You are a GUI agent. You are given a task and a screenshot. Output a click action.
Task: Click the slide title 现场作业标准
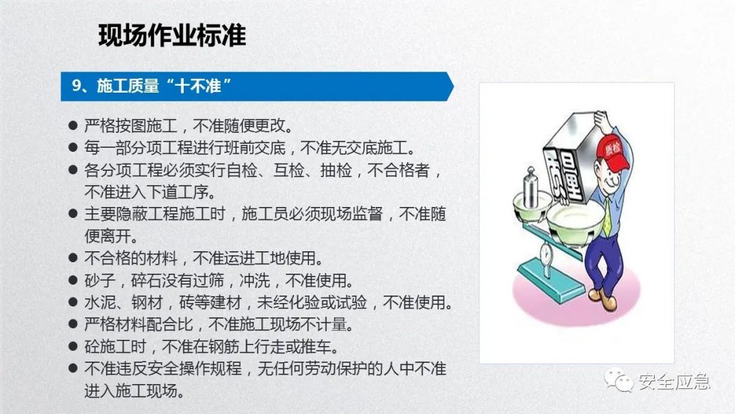(x=171, y=35)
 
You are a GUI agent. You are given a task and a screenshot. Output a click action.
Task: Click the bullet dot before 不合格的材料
(x=73, y=259)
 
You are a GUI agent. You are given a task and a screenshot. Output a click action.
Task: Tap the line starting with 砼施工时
(x=211, y=347)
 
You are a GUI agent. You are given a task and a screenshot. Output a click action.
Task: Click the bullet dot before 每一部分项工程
(x=73, y=148)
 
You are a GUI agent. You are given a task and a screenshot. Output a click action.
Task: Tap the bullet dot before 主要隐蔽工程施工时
(x=73, y=214)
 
